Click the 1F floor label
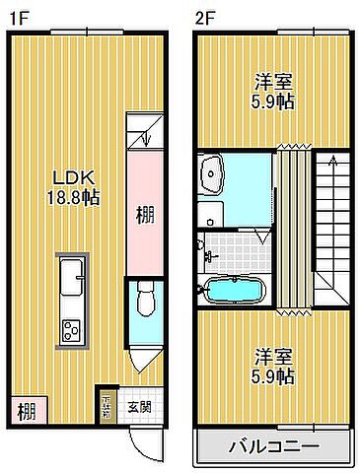click(17, 17)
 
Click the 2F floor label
click(204, 17)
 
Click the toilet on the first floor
click(144, 296)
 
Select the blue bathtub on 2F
click(233, 293)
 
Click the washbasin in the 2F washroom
click(213, 175)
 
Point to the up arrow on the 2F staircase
click(336, 159)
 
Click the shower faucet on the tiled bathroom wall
click(209, 255)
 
